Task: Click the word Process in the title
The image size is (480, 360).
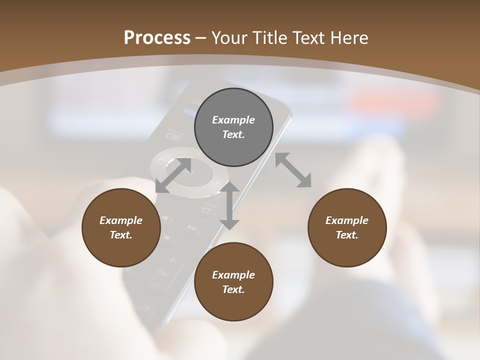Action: (x=157, y=37)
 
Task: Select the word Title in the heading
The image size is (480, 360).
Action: (x=270, y=37)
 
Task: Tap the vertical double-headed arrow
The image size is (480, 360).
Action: (x=229, y=205)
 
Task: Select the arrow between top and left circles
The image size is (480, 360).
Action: (x=173, y=175)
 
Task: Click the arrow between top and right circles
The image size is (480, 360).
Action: (x=293, y=170)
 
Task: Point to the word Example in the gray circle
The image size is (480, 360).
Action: (x=233, y=120)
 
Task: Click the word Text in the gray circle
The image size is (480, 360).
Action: (x=233, y=134)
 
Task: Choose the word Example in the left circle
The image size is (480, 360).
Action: (x=121, y=220)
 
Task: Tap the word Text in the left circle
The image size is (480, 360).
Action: (x=121, y=235)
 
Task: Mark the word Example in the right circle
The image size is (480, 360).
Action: (x=347, y=220)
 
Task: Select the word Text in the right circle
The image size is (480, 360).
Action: (x=347, y=235)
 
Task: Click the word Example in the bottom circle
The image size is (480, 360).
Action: (x=233, y=275)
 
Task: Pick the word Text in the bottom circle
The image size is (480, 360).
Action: (x=233, y=289)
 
